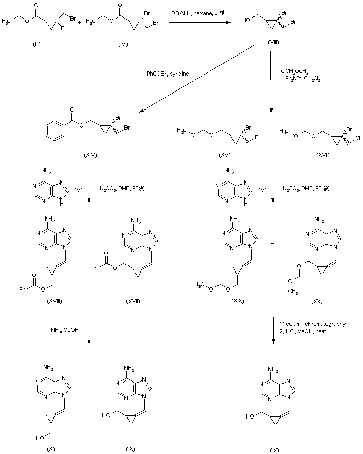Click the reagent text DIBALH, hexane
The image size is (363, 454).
[197, 11]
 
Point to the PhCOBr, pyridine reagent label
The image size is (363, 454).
[167, 74]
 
